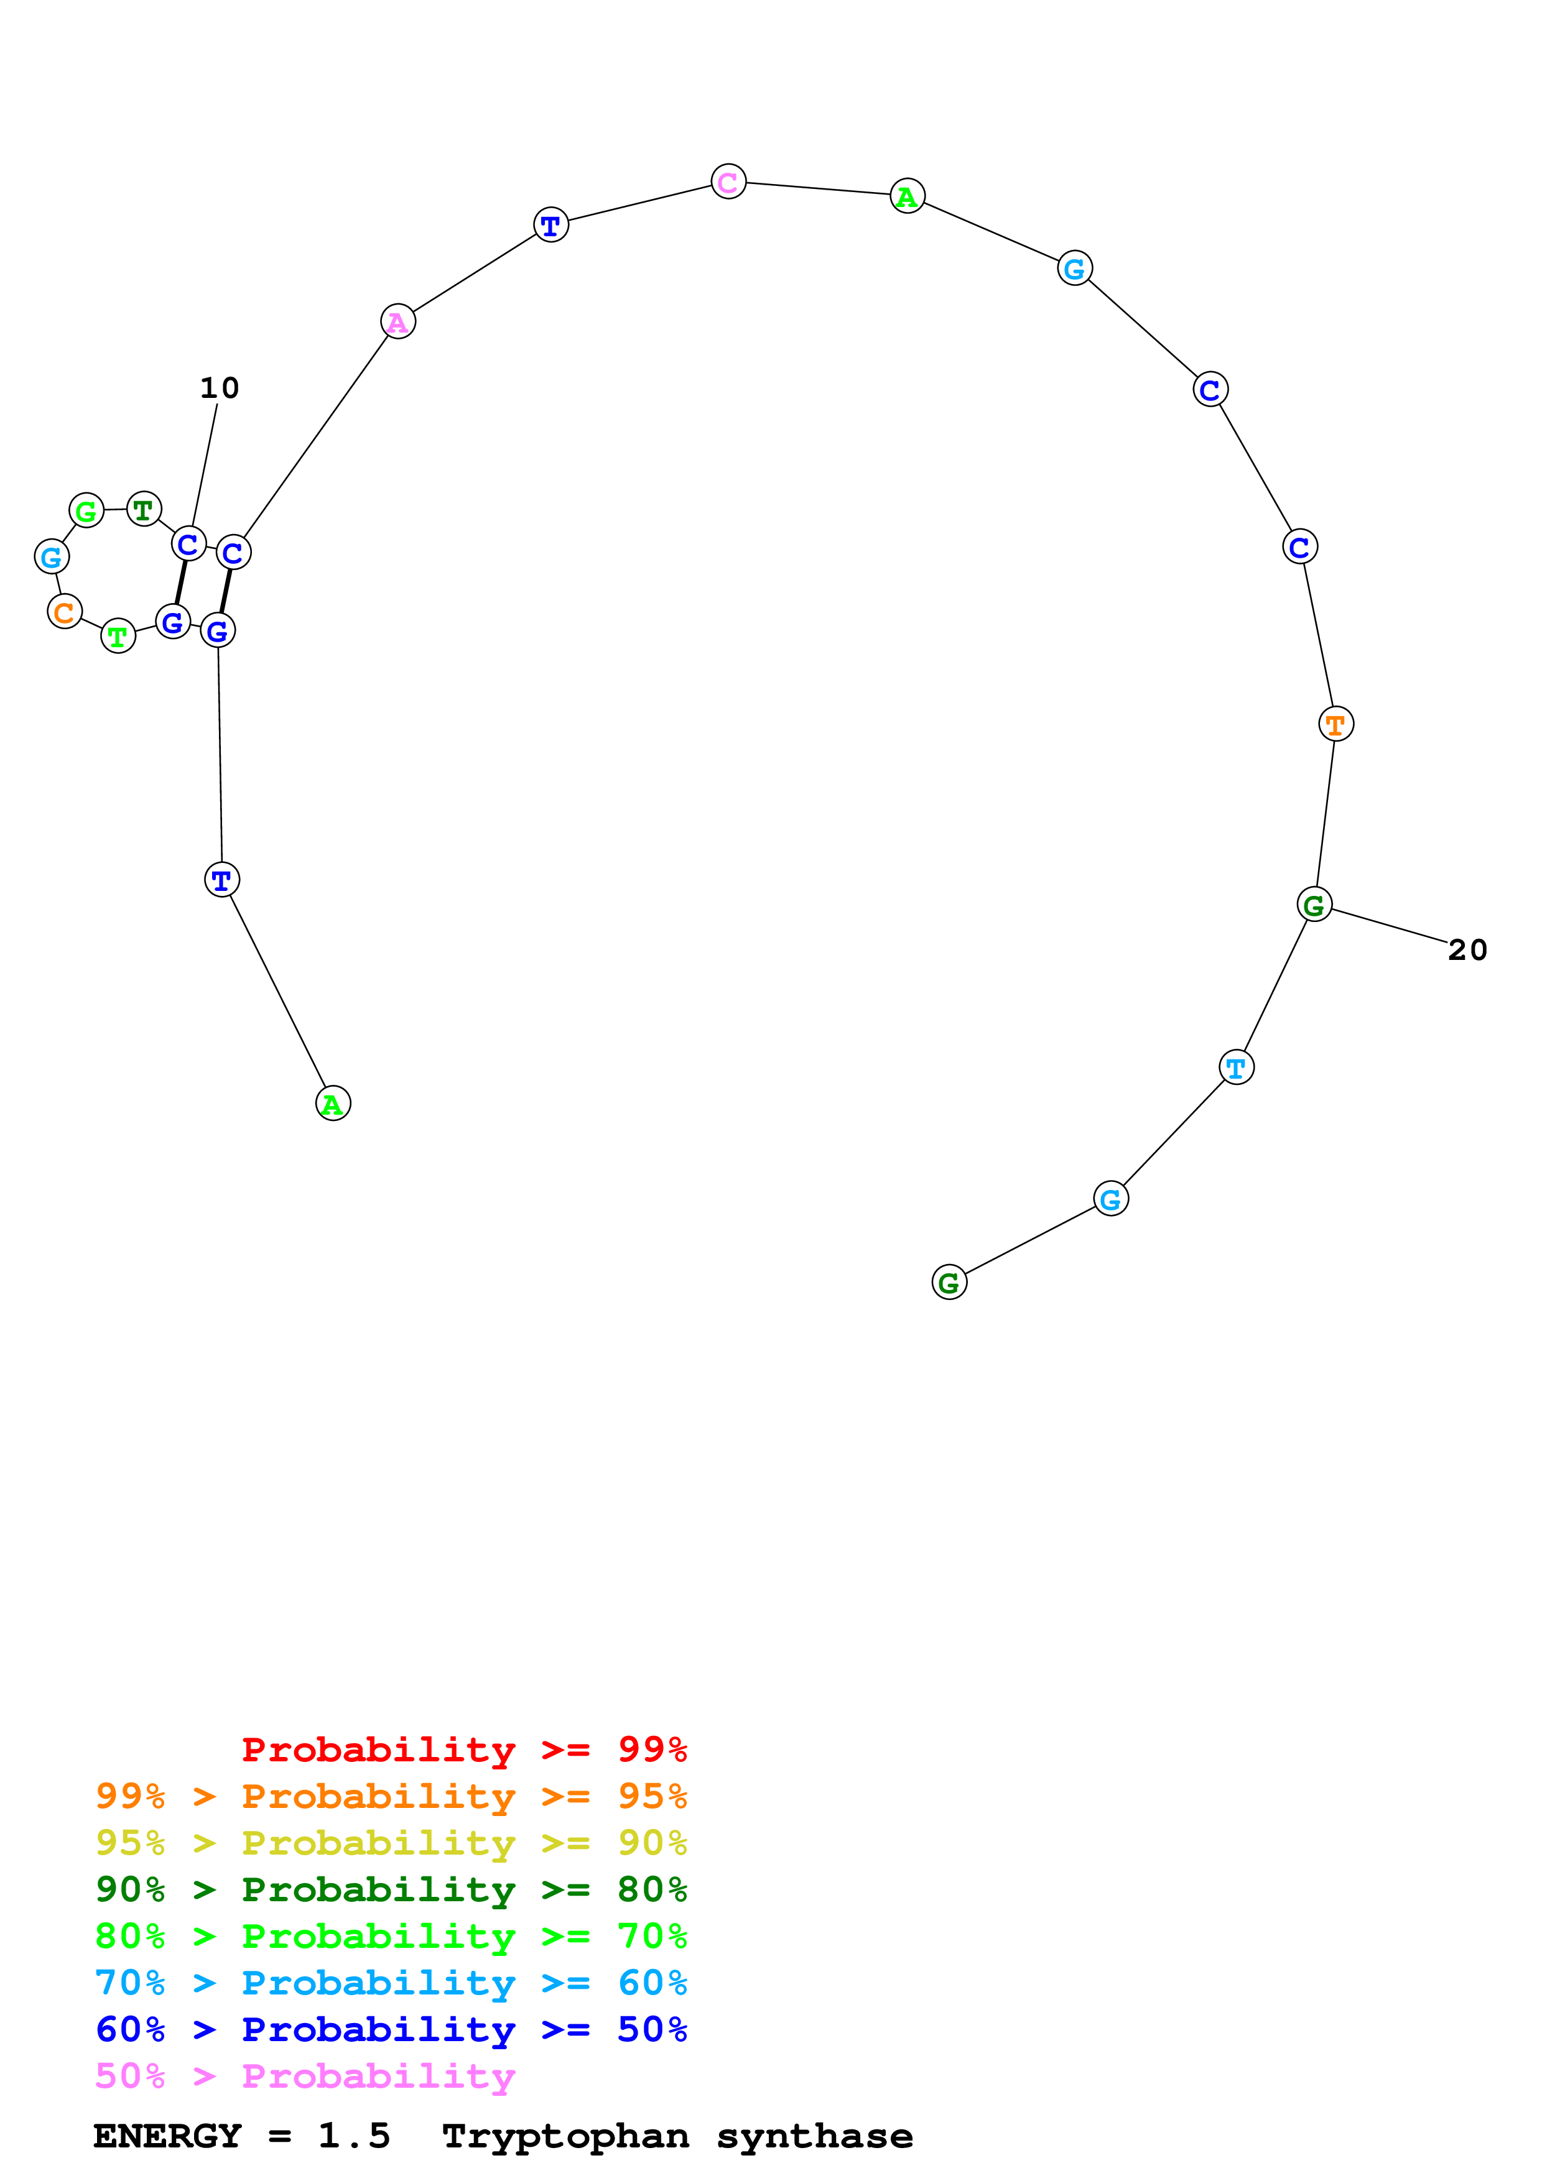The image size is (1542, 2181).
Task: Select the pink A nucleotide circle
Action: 398,322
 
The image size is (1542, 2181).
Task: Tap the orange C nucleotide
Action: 65,612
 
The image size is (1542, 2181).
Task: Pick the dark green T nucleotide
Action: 144,510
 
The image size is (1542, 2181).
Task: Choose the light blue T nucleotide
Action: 1235,1067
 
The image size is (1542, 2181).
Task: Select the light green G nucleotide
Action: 86,511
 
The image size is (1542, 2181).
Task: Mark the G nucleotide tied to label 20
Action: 1314,905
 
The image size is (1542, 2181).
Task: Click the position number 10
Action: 220,387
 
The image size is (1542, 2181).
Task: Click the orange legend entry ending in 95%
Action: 391,1796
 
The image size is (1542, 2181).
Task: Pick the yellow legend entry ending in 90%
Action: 391,1842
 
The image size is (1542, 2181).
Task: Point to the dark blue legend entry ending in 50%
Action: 391,2029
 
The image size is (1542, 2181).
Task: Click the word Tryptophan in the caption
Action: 565,2136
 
